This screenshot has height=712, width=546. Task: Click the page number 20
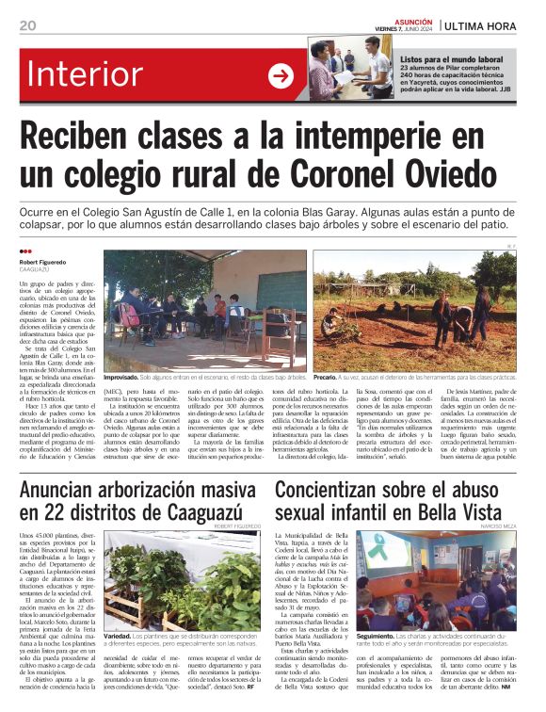click(x=27, y=25)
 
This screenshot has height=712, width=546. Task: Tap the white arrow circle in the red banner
click(x=281, y=76)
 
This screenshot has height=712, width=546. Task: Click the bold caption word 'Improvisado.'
click(x=127, y=377)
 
